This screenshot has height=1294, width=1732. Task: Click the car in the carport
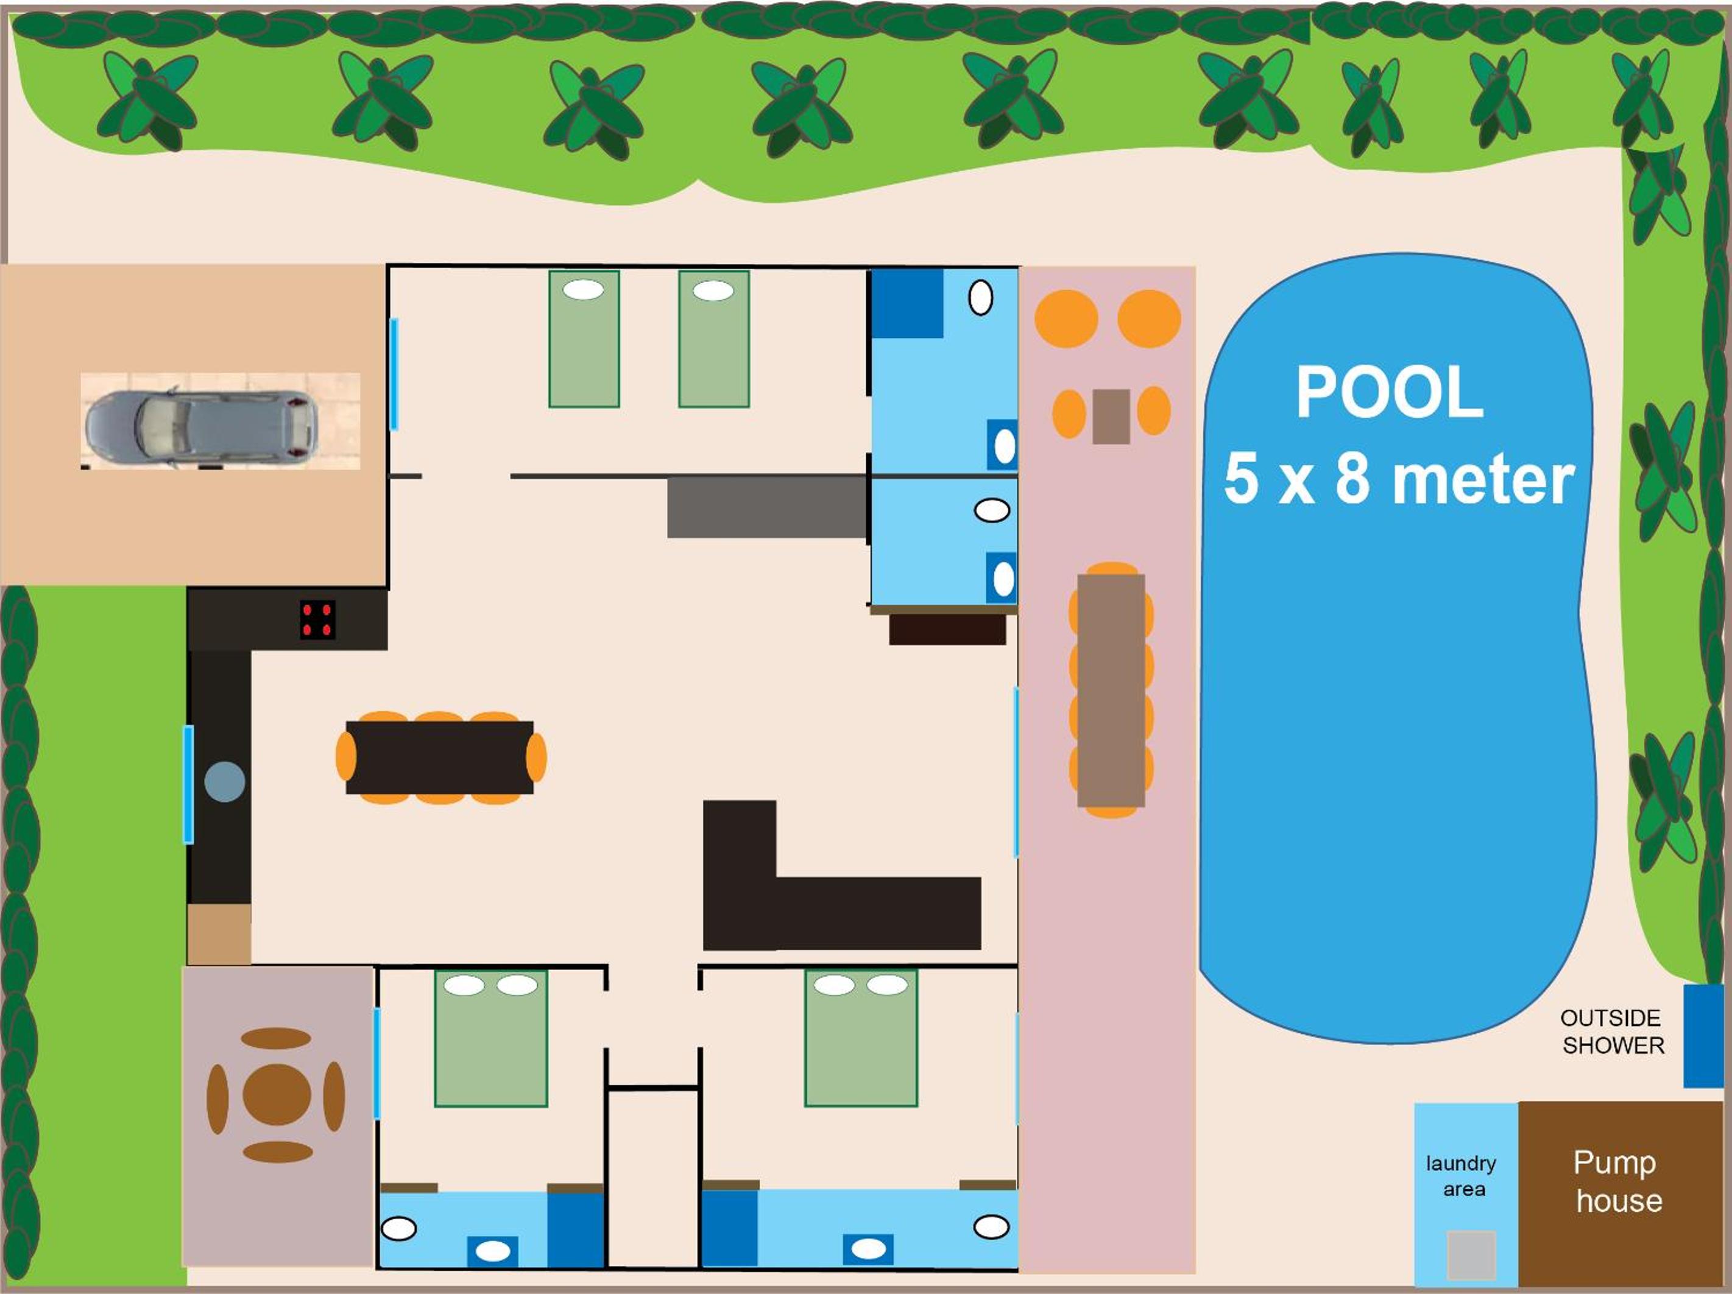click(201, 428)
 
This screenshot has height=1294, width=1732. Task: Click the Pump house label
click(1617, 1181)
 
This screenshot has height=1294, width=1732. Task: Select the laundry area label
click(1461, 1176)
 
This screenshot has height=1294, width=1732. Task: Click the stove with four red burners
click(318, 619)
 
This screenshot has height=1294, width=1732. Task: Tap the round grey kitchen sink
click(225, 781)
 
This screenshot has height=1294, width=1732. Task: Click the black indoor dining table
click(439, 757)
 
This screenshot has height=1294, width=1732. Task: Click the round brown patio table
click(277, 1094)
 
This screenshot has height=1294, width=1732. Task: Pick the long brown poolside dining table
click(1111, 691)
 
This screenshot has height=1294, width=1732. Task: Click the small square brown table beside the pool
click(1111, 416)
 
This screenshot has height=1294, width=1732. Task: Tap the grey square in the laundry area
click(1471, 1256)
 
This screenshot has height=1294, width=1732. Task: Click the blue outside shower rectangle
click(1704, 1036)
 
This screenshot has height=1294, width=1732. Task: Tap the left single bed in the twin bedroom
click(584, 339)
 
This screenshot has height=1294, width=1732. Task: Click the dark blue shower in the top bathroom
click(908, 304)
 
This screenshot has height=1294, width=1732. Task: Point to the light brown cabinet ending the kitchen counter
click(219, 934)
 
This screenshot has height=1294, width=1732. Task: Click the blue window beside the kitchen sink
click(188, 784)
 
